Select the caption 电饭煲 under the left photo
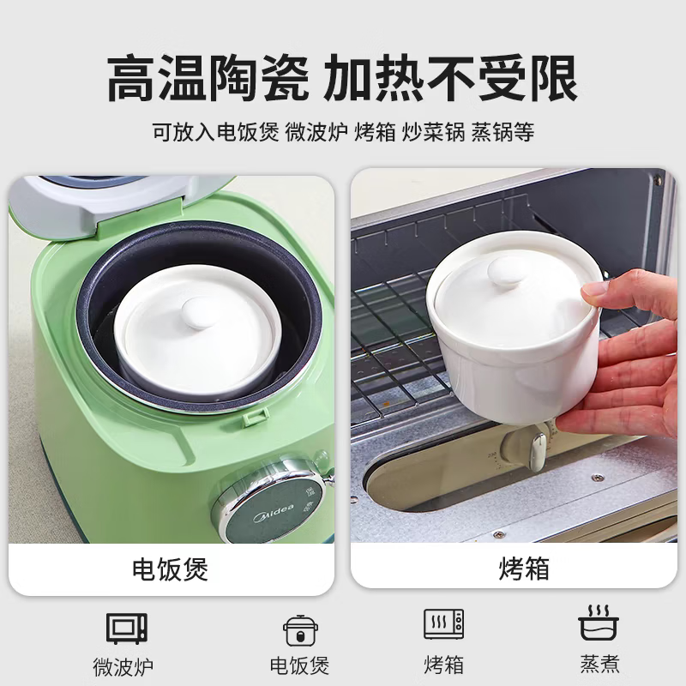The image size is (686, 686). click(170, 569)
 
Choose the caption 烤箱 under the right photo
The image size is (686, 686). click(523, 569)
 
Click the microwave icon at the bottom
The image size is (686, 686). click(127, 628)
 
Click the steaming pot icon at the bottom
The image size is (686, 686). click(599, 623)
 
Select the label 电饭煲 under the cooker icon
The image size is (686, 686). click(299, 665)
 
